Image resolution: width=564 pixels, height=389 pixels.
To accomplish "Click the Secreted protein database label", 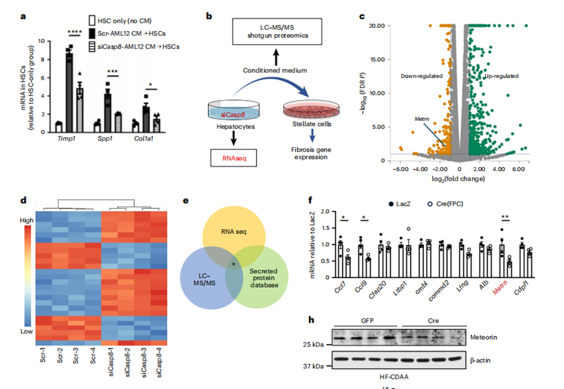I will (263, 279).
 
